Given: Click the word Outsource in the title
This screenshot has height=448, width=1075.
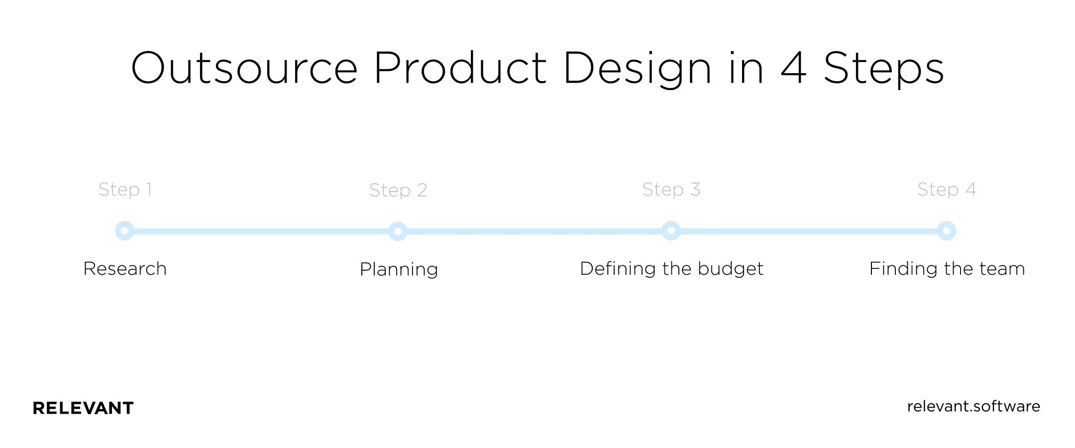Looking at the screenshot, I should [x=244, y=68].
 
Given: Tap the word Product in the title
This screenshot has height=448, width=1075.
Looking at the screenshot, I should [x=460, y=68].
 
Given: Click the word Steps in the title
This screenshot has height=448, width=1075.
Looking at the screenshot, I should [x=883, y=68].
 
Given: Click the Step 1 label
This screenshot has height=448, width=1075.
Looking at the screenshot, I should [x=125, y=190].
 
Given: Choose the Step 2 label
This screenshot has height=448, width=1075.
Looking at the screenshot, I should [x=398, y=190].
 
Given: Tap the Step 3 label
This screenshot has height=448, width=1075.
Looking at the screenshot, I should [x=671, y=190].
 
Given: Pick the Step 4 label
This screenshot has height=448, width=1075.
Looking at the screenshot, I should [x=946, y=190].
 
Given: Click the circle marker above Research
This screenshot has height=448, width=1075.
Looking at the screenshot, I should [x=124, y=231].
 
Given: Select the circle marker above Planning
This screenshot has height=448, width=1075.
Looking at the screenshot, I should [x=398, y=231].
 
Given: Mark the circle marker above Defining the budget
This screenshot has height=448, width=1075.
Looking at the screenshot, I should [x=671, y=231].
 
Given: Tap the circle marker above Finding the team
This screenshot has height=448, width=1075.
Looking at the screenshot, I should [x=946, y=231].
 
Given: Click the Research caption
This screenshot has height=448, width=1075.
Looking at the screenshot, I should [x=125, y=269].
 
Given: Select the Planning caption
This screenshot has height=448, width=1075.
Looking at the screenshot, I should [x=399, y=270].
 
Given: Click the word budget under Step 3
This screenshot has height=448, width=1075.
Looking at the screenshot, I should [x=730, y=269].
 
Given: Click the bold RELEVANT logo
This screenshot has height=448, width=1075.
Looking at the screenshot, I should [x=83, y=408].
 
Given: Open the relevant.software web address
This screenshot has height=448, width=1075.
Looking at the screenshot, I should [x=973, y=407].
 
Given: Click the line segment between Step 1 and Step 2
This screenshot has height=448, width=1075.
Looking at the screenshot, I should [x=261, y=231].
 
